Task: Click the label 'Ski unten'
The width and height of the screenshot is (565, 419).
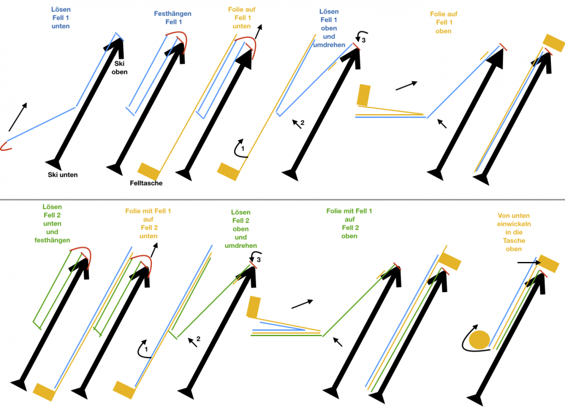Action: [x=63, y=174]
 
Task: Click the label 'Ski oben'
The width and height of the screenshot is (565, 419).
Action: [x=119, y=68]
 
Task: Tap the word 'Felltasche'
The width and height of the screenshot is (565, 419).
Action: [x=146, y=183]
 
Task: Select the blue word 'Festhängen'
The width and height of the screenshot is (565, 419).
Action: [x=172, y=14]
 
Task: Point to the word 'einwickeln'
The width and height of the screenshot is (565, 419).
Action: [x=514, y=224]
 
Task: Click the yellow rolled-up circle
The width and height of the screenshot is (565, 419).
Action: [x=479, y=340]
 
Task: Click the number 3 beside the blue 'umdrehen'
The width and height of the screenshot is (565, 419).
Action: [x=363, y=40]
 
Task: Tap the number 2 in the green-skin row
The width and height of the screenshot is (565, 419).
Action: [x=198, y=339]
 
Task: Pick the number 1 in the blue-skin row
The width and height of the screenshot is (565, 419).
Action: [x=242, y=149]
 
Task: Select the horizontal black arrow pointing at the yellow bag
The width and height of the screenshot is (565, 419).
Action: [x=529, y=263]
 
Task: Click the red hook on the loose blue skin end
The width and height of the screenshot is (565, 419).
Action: [x=6, y=146]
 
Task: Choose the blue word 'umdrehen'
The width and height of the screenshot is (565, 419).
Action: [x=329, y=45]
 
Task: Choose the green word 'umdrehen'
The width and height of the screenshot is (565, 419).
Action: [x=241, y=245]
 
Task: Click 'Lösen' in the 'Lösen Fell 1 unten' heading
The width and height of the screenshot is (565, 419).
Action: [x=60, y=10]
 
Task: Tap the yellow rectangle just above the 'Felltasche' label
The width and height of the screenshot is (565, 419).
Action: [x=149, y=172]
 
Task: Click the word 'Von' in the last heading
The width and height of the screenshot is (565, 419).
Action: [x=505, y=216]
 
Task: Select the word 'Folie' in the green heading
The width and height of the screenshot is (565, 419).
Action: [x=334, y=211]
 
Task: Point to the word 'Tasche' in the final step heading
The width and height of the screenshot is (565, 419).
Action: [x=514, y=241]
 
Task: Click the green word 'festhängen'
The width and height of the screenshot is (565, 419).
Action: [x=52, y=240]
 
